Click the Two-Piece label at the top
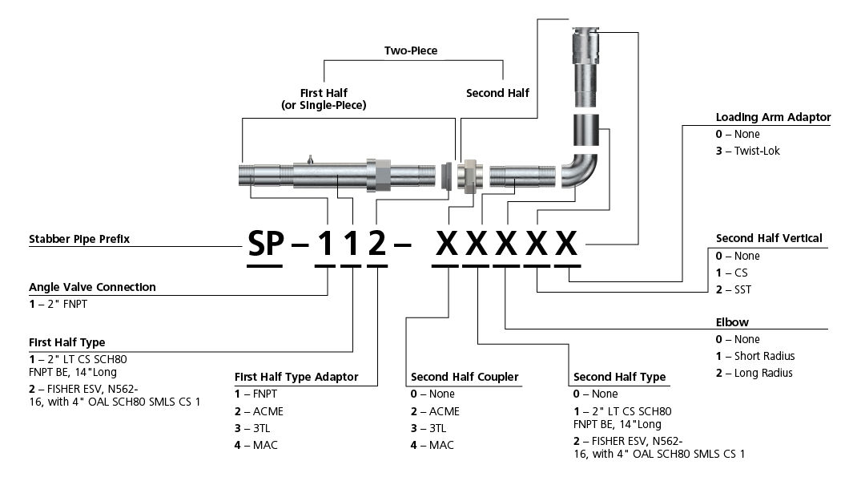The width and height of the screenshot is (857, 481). point(411,50)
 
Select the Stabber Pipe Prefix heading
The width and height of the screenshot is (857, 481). point(78,239)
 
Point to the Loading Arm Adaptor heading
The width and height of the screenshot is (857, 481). point(773,117)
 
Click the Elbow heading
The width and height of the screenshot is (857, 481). point(732,322)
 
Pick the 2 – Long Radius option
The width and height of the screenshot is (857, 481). point(754,373)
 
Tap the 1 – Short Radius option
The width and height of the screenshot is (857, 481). point(754,356)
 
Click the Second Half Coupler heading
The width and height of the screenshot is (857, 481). point(465,377)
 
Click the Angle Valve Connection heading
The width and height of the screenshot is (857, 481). point(92,287)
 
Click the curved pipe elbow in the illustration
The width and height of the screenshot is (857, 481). point(582,172)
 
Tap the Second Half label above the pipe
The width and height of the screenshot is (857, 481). point(497,93)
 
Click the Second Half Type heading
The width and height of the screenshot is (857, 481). point(619,377)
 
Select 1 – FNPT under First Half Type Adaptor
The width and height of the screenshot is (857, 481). point(256,394)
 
